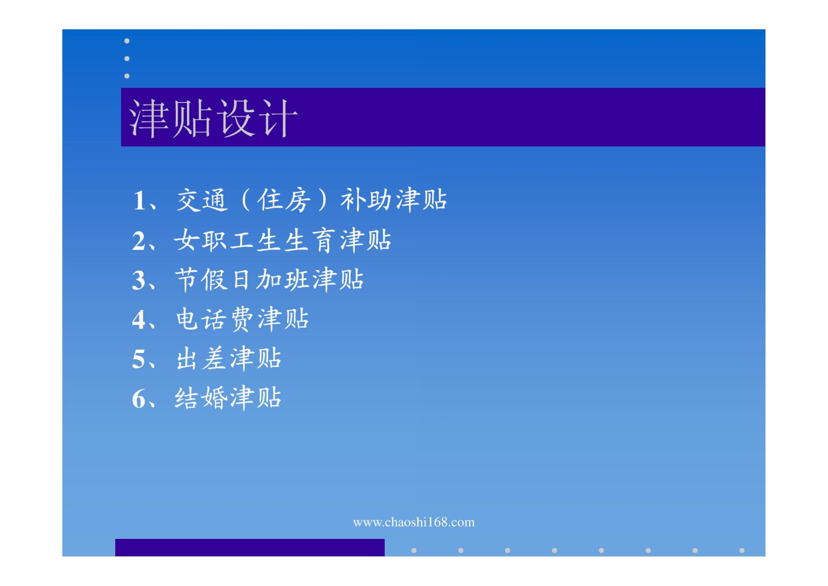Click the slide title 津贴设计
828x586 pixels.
(213, 118)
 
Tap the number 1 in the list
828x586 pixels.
(139, 201)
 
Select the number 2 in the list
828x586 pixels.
(139, 241)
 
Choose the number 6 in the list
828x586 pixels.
(139, 399)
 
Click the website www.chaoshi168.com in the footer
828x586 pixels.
(414, 522)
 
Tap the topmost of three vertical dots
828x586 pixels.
(127, 41)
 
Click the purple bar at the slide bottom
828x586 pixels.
(250, 547)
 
